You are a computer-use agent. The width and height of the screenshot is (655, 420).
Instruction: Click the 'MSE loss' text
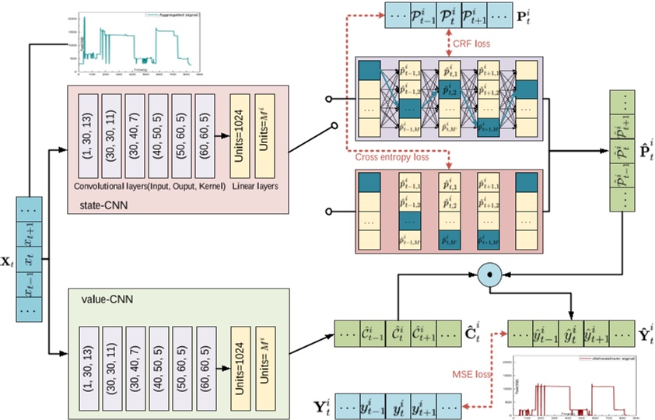click(473, 374)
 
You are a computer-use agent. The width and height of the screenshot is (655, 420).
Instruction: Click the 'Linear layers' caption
click(255, 188)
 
